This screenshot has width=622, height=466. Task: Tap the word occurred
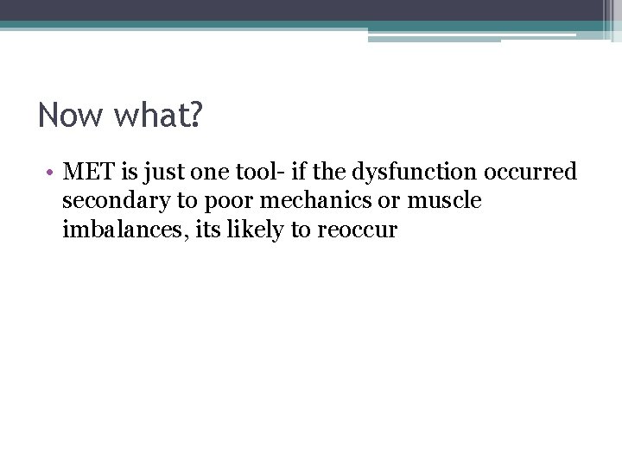(x=530, y=172)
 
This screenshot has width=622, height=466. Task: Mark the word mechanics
(x=302, y=201)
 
